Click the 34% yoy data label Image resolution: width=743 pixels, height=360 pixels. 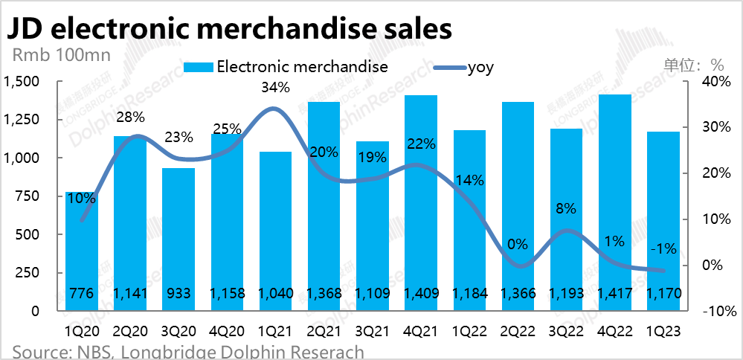tap(275, 89)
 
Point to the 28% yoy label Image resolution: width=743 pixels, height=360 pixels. tap(130, 117)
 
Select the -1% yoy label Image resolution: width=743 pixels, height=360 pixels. tap(663, 249)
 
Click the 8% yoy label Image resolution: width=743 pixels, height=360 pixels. tap(566, 209)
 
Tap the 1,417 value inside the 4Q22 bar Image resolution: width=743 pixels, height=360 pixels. tap(614, 294)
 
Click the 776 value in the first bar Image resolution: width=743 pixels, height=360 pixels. tap(81, 294)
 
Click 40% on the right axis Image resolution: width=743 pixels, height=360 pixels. tap(713, 81)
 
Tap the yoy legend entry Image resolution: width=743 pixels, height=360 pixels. tap(480, 67)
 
